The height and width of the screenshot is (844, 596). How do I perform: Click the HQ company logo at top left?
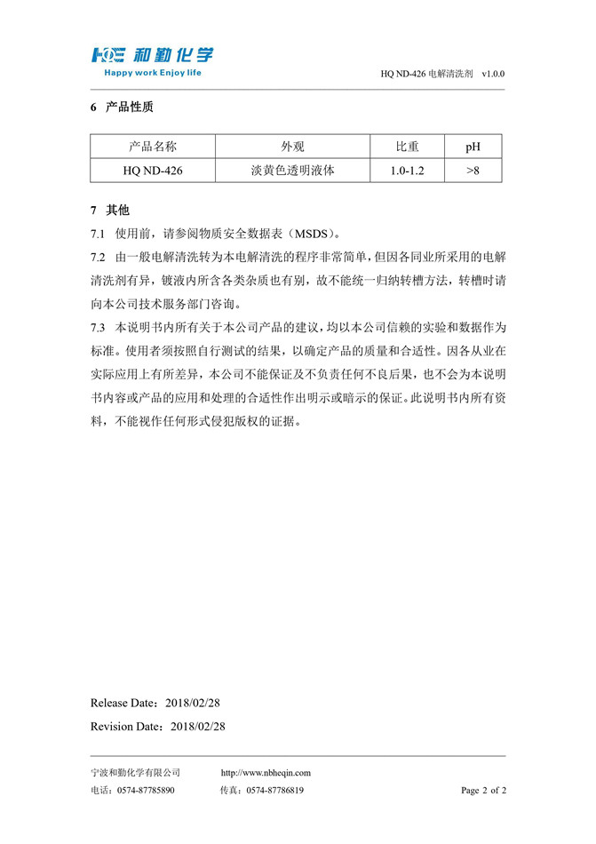(x=151, y=54)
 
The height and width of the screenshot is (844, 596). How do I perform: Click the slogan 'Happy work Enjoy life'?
(x=153, y=73)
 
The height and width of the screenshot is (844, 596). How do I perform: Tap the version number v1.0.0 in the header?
(x=493, y=76)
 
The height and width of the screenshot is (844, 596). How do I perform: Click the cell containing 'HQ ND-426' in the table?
(x=153, y=170)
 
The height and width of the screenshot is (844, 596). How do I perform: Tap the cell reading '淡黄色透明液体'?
(x=292, y=170)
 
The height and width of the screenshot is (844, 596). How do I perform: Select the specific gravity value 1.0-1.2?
(x=407, y=170)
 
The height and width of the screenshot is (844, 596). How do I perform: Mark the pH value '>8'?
(x=473, y=170)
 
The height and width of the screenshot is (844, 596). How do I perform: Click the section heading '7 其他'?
(x=110, y=211)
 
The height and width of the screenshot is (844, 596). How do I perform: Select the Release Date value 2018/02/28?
(x=192, y=703)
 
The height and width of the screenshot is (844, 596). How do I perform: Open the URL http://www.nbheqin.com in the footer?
(x=265, y=773)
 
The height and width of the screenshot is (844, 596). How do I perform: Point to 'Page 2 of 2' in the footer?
(x=483, y=790)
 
